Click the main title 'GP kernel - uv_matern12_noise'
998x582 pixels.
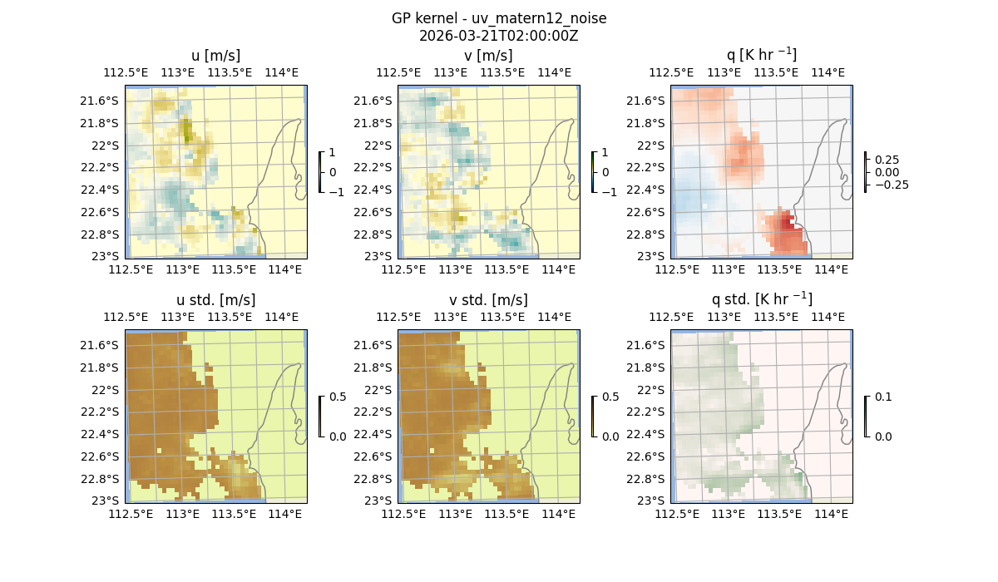tap(499, 18)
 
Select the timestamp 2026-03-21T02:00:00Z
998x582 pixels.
tap(499, 36)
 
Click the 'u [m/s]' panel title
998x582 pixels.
tap(215, 55)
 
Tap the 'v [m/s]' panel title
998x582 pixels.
tap(488, 55)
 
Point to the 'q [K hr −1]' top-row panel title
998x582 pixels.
tap(761, 55)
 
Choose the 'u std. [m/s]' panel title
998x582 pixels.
tap(215, 299)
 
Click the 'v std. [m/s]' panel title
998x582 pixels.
tap(488, 299)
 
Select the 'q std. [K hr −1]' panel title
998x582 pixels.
tap(761, 299)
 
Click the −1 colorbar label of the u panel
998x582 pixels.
tap(336, 191)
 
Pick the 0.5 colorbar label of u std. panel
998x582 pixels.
tap(338, 397)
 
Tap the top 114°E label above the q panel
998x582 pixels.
tap(828, 72)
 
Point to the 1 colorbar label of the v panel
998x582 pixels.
tap(605, 153)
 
